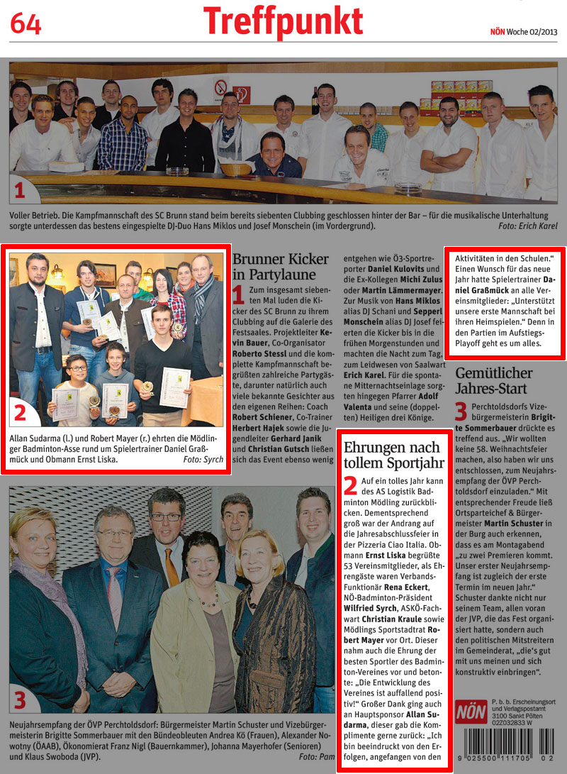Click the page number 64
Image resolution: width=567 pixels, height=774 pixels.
click(x=26, y=24)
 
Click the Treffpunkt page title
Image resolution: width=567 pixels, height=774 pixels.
click(x=283, y=22)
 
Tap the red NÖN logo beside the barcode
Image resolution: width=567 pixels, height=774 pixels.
click(x=471, y=711)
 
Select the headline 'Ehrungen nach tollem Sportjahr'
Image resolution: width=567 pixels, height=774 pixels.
click(x=391, y=455)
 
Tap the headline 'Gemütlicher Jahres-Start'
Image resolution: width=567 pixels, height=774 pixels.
click(x=494, y=381)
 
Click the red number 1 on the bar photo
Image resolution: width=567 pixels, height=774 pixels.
click(x=20, y=190)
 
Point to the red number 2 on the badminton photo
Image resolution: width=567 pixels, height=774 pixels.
click(x=21, y=413)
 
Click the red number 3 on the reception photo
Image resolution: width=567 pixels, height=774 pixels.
click(x=20, y=700)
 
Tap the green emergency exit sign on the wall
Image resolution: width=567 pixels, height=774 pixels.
click(x=242, y=94)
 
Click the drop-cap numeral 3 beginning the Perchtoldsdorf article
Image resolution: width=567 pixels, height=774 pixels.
click(x=461, y=412)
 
